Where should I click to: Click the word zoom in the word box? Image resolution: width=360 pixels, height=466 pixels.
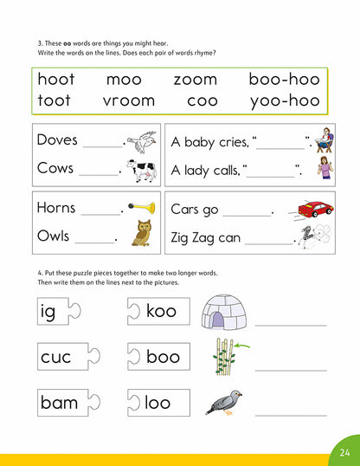pyautogui.click(x=195, y=79)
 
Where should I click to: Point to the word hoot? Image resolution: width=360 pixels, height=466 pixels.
pyautogui.click(x=55, y=79)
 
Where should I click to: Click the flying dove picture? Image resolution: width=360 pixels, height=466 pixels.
pyautogui.click(x=142, y=141)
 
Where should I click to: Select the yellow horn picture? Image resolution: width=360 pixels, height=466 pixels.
pyautogui.click(x=143, y=208)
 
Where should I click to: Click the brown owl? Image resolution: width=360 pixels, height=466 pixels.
pyautogui.click(x=141, y=233)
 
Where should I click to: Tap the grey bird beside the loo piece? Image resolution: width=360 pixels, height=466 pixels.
pyautogui.click(x=223, y=402)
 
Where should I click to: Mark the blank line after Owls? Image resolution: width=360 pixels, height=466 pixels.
pyautogui.click(x=96, y=243)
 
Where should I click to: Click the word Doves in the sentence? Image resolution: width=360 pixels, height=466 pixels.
pyautogui.click(x=57, y=140)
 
